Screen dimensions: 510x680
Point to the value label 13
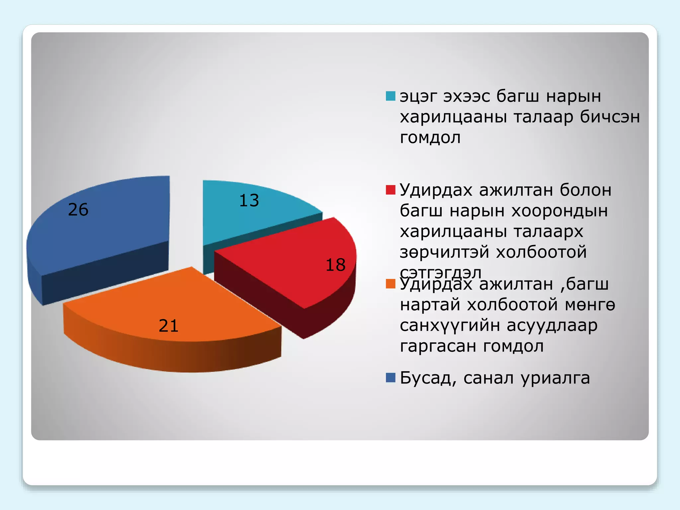click(249, 201)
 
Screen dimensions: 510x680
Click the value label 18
click(335, 265)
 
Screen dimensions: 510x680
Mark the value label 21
click(169, 326)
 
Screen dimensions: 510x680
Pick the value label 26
click(78, 210)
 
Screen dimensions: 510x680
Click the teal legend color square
click(390, 96)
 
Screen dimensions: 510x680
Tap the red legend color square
click(390, 190)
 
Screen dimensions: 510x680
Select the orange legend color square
click(390, 284)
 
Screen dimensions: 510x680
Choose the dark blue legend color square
click(390, 378)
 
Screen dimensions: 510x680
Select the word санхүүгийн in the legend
click(450, 326)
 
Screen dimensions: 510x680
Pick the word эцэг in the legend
click(418, 97)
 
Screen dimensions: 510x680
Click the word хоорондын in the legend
click(559, 211)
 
